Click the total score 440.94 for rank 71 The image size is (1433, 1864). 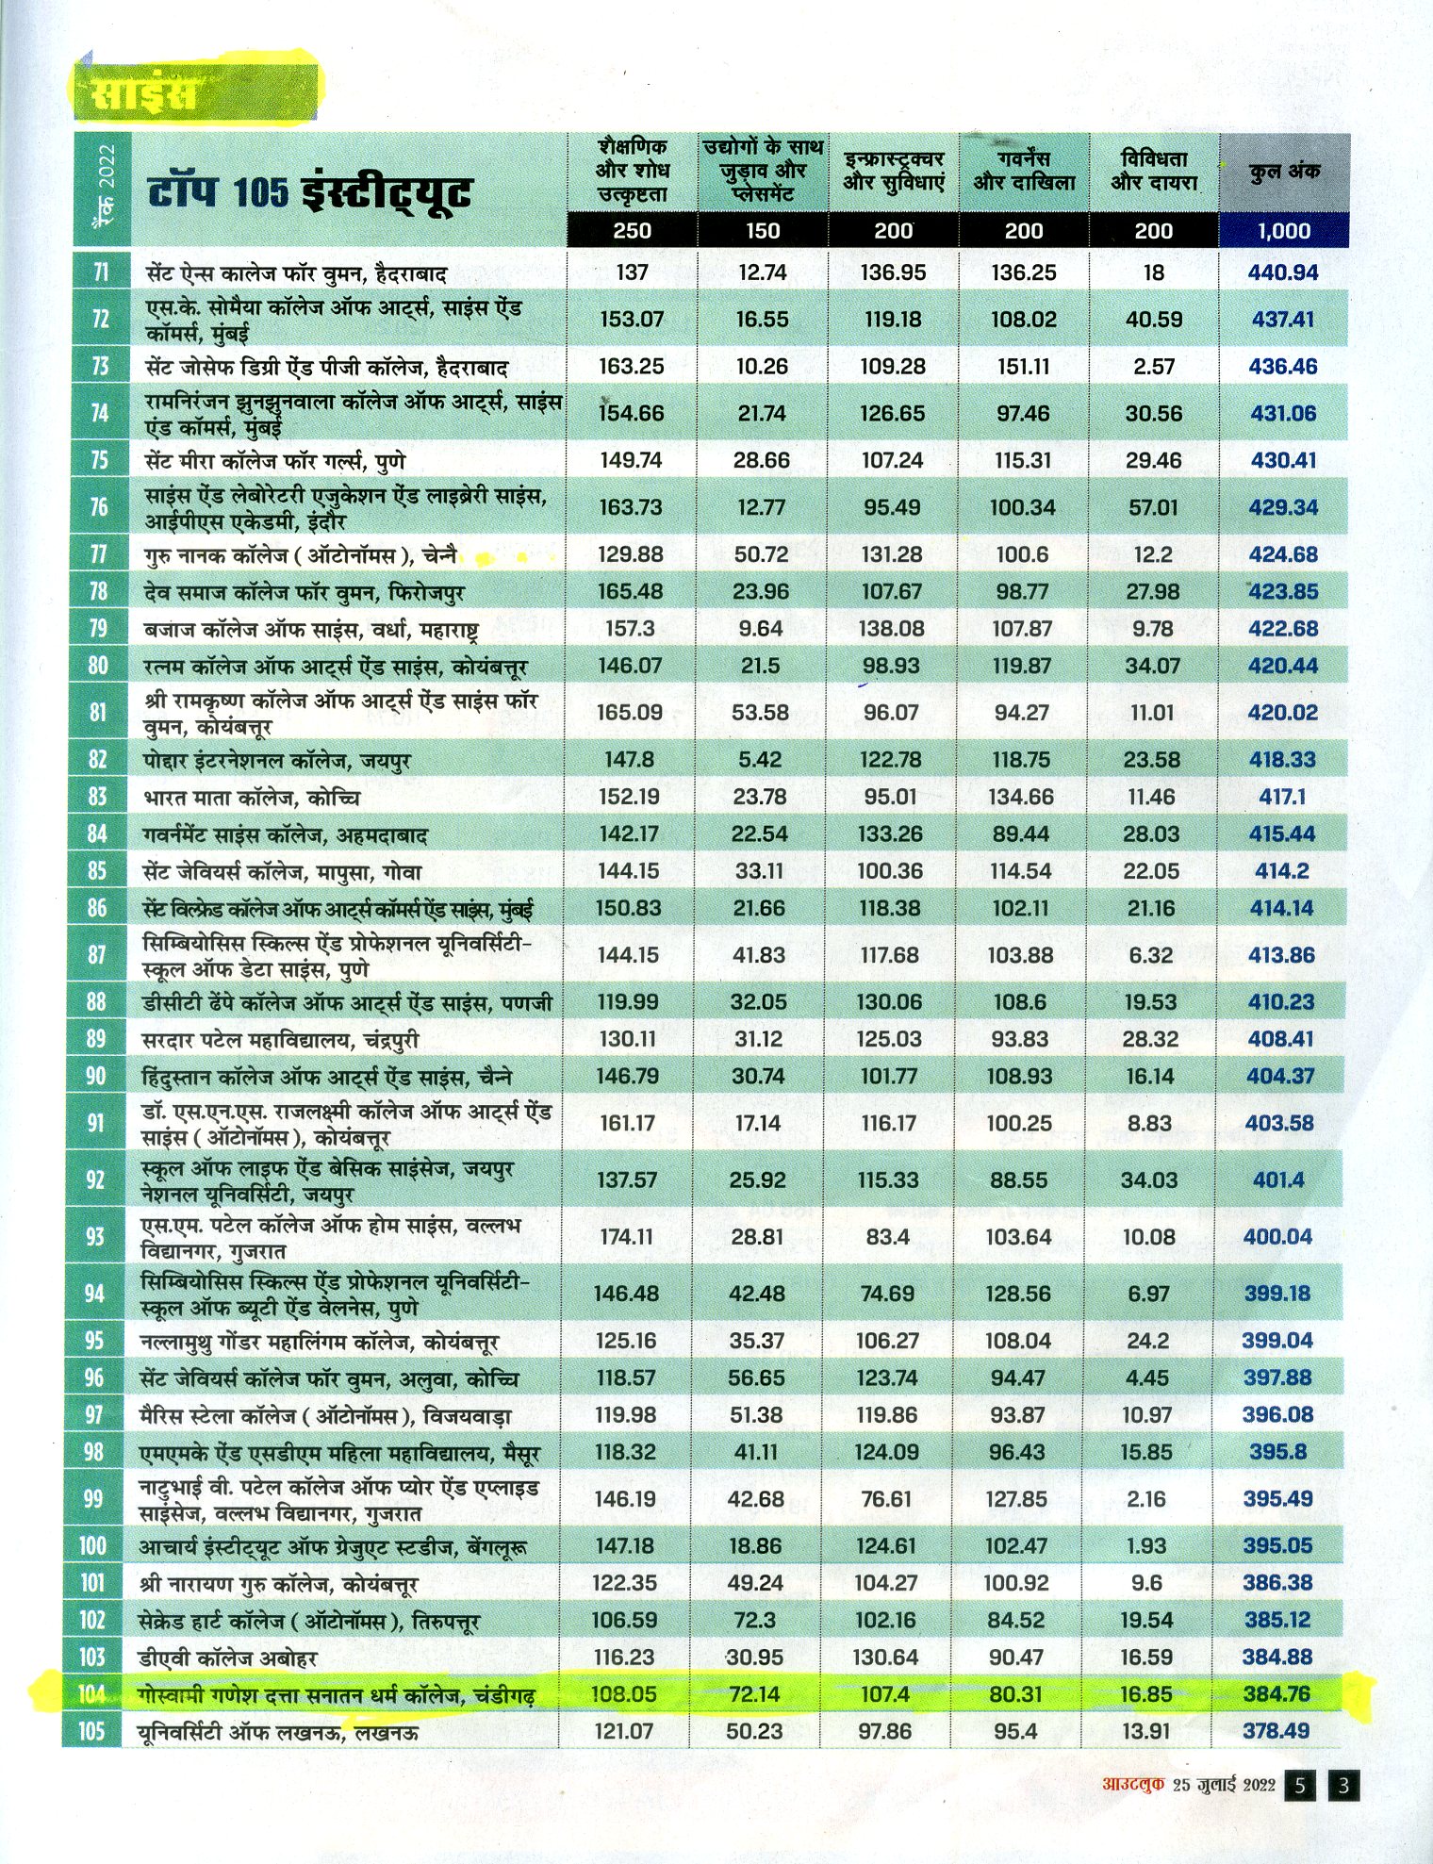point(1283,273)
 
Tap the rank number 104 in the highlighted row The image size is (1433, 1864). point(91,1694)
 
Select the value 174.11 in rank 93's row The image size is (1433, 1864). point(626,1236)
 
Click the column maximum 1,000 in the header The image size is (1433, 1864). point(1283,231)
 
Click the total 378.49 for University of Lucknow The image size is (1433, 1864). point(1276,1731)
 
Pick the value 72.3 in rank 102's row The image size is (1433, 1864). point(755,1620)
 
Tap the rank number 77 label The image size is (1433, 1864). point(99,554)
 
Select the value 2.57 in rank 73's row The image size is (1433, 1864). point(1154,367)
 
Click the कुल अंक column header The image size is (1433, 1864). point(1284,172)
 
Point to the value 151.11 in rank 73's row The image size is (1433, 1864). point(1023,367)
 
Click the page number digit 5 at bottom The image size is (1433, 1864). point(1301,1785)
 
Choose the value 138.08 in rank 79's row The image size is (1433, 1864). point(891,629)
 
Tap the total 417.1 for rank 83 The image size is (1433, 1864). point(1282,797)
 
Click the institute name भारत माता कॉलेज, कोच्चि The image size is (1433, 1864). point(252,798)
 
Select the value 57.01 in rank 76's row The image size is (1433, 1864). point(1153,507)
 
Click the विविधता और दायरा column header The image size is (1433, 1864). point(1154,171)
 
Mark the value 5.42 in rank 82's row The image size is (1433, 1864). point(760,760)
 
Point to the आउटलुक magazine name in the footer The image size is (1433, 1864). point(1134,1785)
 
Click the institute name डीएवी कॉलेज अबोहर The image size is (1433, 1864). point(228,1658)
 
